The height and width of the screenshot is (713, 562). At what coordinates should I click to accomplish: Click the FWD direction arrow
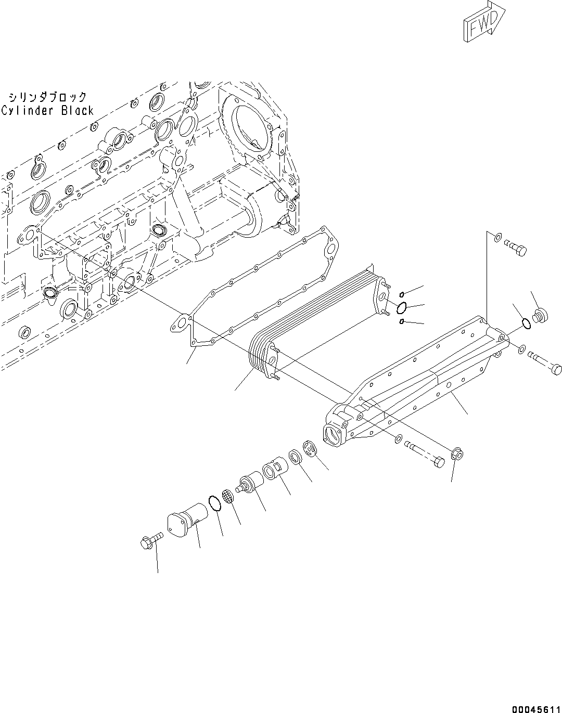pos(481,22)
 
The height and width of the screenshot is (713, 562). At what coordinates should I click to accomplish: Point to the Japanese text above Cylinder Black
pos(47,97)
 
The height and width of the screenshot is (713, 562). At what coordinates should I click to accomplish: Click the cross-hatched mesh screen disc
pos(227,496)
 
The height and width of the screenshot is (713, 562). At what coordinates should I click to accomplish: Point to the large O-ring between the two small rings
pos(401,308)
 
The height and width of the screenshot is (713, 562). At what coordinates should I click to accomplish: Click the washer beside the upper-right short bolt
pos(497,239)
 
